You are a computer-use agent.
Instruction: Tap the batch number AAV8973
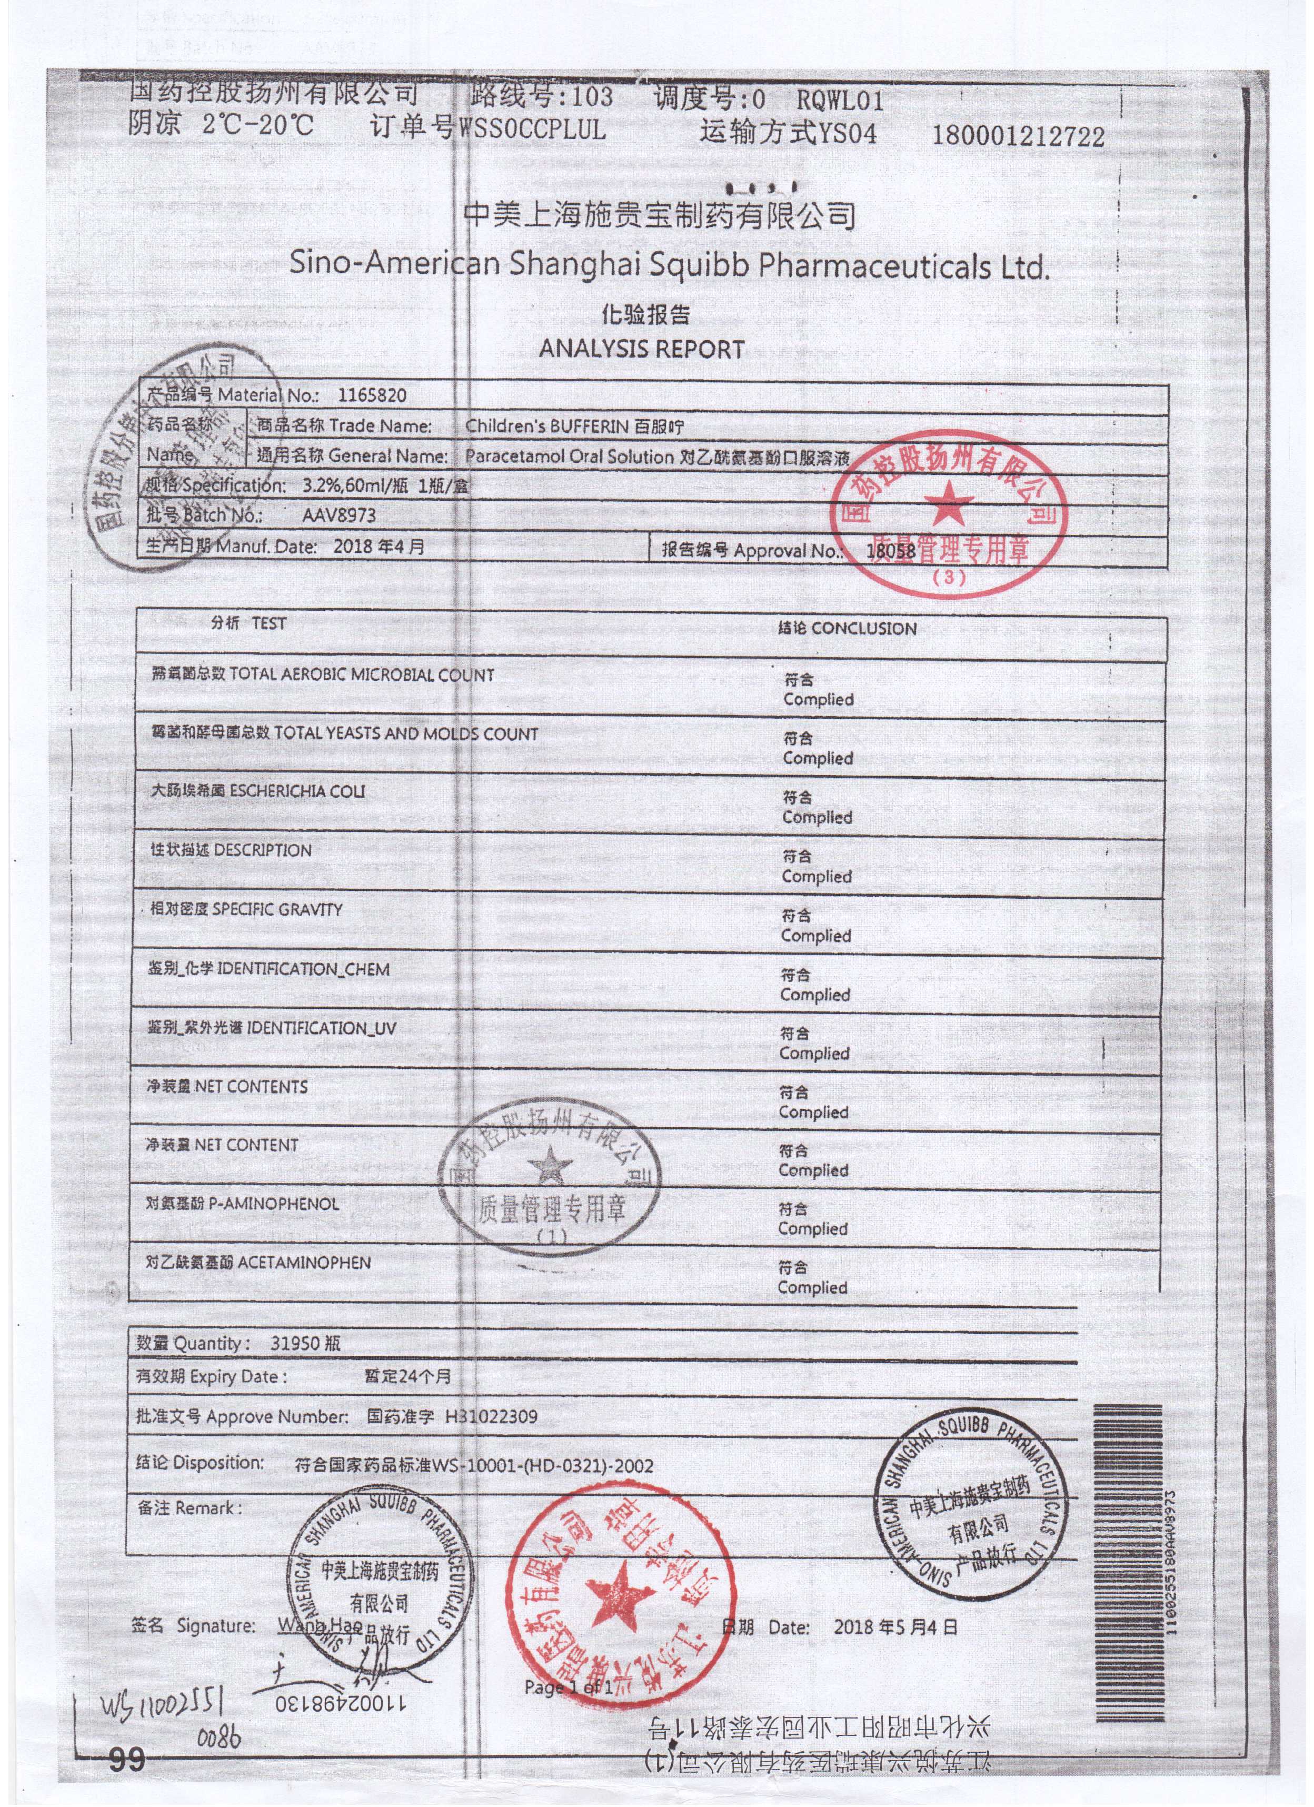pyautogui.click(x=339, y=515)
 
